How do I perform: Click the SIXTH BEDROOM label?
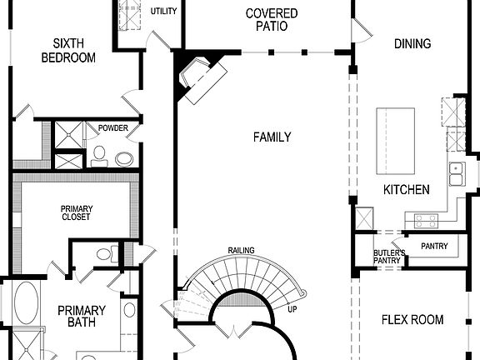click(x=74, y=50)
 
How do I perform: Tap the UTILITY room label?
click(x=163, y=11)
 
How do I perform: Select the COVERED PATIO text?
click(x=272, y=19)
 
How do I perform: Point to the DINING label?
click(x=412, y=43)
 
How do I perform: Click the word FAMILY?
click(x=272, y=137)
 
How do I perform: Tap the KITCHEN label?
click(x=406, y=190)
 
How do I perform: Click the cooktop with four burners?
click(x=426, y=221)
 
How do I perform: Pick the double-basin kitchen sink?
click(x=456, y=173)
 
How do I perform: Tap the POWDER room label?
click(x=112, y=128)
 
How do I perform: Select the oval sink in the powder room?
click(x=124, y=158)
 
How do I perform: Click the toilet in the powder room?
click(x=99, y=153)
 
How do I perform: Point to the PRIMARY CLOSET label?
click(x=76, y=212)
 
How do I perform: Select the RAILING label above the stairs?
click(x=241, y=251)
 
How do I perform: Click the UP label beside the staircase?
click(x=292, y=309)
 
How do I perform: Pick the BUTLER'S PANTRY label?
click(x=389, y=257)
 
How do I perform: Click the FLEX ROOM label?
click(x=412, y=319)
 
